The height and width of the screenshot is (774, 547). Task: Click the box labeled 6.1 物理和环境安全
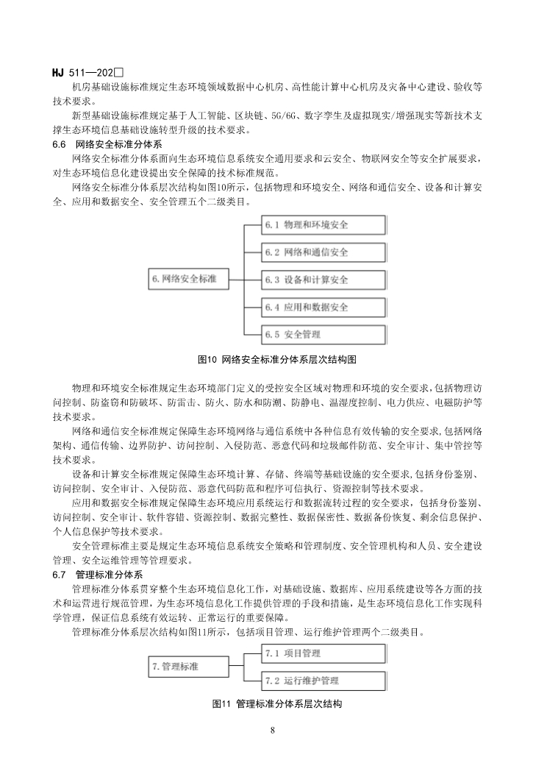point(323,225)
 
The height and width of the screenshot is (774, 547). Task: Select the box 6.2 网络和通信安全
point(323,252)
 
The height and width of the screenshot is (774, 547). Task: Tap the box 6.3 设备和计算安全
point(323,280)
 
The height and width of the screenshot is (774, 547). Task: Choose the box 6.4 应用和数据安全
point(323,307)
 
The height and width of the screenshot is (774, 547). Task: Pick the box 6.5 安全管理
point(323,334)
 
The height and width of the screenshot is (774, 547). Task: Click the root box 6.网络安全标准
point(187,280)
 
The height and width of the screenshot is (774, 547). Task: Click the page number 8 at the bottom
point(273,731)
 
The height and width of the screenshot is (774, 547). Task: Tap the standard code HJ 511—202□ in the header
point(87,72)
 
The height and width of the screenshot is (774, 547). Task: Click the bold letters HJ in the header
point(59,72)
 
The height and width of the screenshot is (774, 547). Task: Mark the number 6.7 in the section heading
point(60,573)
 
